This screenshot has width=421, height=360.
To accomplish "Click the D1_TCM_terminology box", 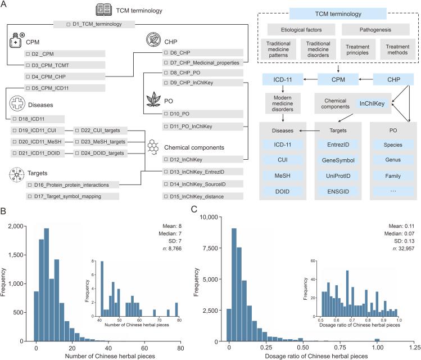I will click(x=96, y=24).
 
